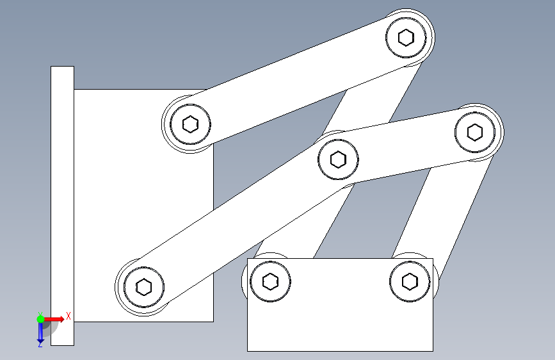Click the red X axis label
click(x=68, y=316)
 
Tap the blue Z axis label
click(x=40, y=344)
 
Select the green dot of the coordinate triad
click(x=41, y=319)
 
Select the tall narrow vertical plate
click(x=62, y=206)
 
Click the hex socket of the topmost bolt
click(x=406, y=37)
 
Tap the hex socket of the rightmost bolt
click(x=475, y=132)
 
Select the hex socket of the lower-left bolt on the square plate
click(x=143, y=287)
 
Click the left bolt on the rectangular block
click(x=270, y=282)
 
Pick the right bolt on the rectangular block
click(x=410, y=282)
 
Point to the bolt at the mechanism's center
click(x=338, y=160)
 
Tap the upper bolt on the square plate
click(x=190, y=124)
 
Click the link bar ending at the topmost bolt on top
click(x=298, y=81)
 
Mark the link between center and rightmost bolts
click(x=407, y=146)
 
